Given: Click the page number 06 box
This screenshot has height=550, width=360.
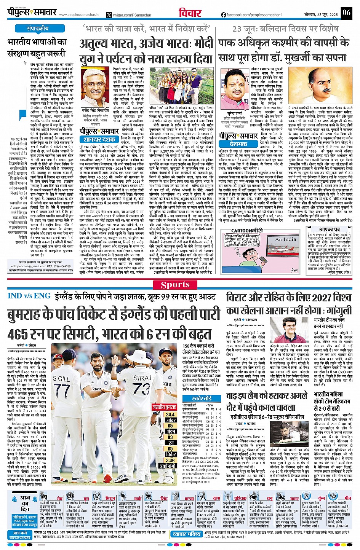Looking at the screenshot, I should pos(346,13).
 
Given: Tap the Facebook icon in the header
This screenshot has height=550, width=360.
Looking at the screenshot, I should pos(224,15).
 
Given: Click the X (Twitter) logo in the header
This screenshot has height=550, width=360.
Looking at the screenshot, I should pos(109,15).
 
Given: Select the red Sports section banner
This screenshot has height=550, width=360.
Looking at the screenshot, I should pos(175,285).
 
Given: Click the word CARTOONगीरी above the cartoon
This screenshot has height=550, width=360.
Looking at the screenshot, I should pos(247,230).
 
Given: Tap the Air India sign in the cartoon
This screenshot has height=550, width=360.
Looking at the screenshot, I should pos(285,239).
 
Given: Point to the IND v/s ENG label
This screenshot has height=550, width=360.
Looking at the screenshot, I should pos(29,296).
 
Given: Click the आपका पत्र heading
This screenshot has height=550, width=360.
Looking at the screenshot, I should pos(330,230).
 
